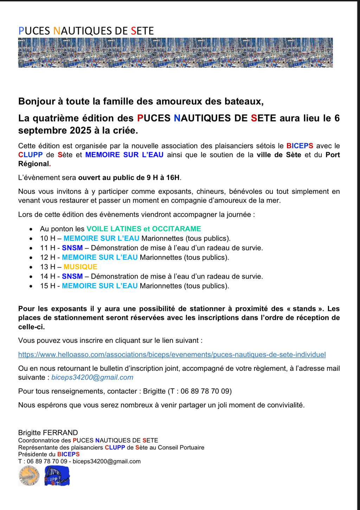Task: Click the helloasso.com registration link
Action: (x=172, y=354)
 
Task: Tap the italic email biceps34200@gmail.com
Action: (x=92, y=377)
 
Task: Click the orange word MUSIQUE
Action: (x=80, y=267)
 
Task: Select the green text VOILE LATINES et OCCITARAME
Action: (x=144, y=229)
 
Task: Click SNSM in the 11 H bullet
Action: (x=72, y=248)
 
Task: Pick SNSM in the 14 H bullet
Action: (x=72, y=276)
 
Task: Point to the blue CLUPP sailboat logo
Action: (x=57, y=476)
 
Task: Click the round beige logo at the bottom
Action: (x=29, y=476)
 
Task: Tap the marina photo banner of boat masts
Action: (x=175, y=52)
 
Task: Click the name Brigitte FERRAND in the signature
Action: (x=48, y=433)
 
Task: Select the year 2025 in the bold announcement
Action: (x=81, y=130)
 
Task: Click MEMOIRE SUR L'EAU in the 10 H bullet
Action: (x=101, y=238)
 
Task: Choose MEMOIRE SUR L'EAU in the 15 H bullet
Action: (x=99, y=286)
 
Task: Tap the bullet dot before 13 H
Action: (x=32, y=267)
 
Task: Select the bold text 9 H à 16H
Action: (x=163, y=177)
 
